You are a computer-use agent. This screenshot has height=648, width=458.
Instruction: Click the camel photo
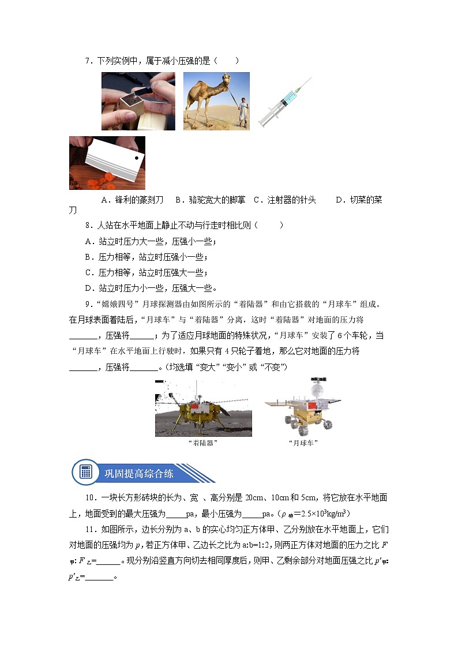click(216, 101)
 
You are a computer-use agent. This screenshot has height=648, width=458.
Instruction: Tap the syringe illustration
click(284, 103)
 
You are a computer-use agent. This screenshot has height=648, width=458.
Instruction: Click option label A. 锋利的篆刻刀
click(134, 200)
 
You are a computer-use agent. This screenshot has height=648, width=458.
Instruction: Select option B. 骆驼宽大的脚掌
click(210, 200)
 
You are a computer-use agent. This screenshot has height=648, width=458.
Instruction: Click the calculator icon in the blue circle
click(86, 471)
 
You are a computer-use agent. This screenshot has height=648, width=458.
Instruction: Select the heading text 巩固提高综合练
click(138, 473)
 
